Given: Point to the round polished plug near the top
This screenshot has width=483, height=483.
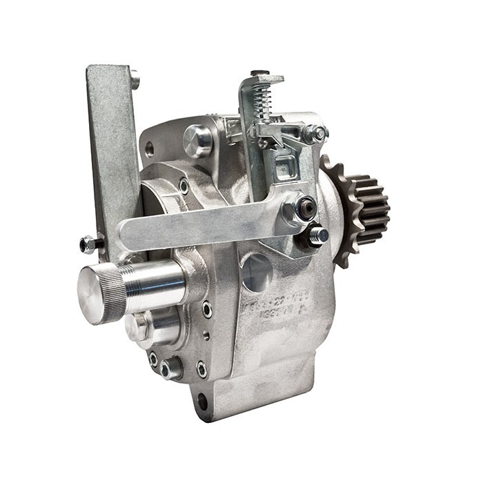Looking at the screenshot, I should click(x=199, y=141).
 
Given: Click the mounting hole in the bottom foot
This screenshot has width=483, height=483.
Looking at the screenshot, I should click(x=201, y=401).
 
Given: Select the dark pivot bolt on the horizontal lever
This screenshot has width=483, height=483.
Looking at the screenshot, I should click(x=304, y=207).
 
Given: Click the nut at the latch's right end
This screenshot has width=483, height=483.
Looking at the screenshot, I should click(x=319, y=133).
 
